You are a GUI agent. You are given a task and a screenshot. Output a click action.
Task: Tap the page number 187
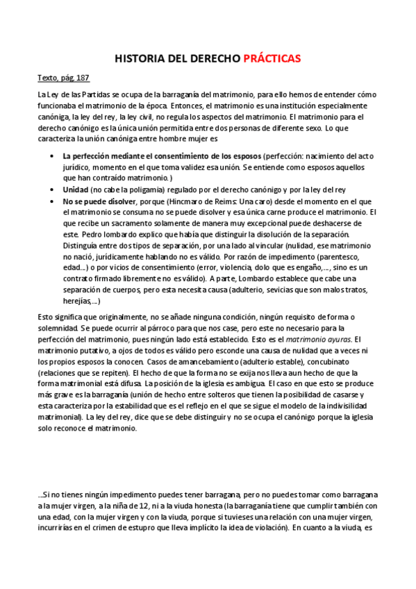coord(82,78)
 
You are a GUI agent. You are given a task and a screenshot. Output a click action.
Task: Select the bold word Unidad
coord(76,190)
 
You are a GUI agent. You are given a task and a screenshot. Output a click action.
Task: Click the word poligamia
coord(145,190)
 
